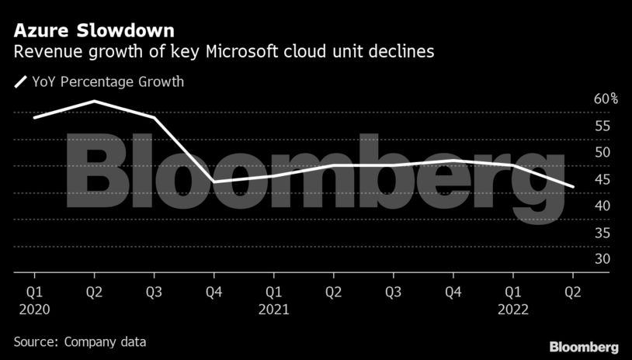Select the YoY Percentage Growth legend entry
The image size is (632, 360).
[99, 81]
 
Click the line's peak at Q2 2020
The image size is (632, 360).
[94, 101]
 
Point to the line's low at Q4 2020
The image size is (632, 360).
[214, 182]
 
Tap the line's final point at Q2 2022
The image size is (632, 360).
[573, 187]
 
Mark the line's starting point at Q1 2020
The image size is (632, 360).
[34, 117]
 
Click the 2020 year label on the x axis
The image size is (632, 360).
[34, 309]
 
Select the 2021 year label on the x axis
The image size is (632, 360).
[273, 309]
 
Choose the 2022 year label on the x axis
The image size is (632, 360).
[512, 309]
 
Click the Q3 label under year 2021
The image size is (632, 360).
[393, 292]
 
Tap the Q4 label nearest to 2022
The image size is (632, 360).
[453, 292]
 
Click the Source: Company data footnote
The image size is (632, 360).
[79, 341]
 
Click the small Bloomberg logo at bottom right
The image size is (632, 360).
[584, 346]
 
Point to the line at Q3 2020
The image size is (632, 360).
[154, 117]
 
